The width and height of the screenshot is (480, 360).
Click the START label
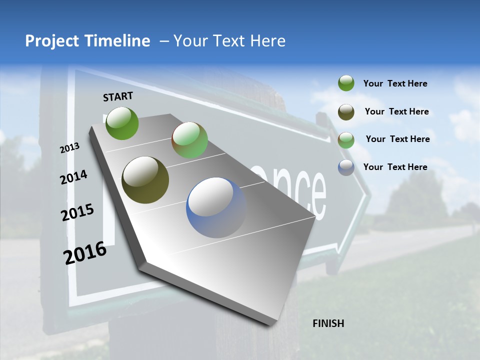(x=118, y=96)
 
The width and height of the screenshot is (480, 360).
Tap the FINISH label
(x=328, y=323)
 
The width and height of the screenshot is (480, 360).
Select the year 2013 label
(x=69, y=148)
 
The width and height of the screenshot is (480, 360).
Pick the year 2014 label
(x=74, y=177)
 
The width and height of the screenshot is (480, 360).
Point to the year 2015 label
(x=77, y=212)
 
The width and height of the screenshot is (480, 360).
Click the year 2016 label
(x=85, y=253)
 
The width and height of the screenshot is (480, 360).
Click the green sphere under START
(x=122, y=123)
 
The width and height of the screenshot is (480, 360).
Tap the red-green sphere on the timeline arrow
(x=189, y=140)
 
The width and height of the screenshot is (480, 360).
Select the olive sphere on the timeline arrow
(x=145, y=180)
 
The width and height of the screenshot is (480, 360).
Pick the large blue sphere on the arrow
(x=216, y=207)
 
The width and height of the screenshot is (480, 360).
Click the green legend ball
(x=346, y=83)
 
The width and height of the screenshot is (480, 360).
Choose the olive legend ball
(x=346, y=112)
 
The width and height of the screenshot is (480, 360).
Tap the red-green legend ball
(x=346, y=140)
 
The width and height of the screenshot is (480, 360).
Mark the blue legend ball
(x=346, y=167)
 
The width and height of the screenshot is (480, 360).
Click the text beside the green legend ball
(x=395, y=84)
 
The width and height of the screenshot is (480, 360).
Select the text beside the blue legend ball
(x=395, y=167)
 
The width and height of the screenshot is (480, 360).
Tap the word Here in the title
(x=267, y=41)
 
